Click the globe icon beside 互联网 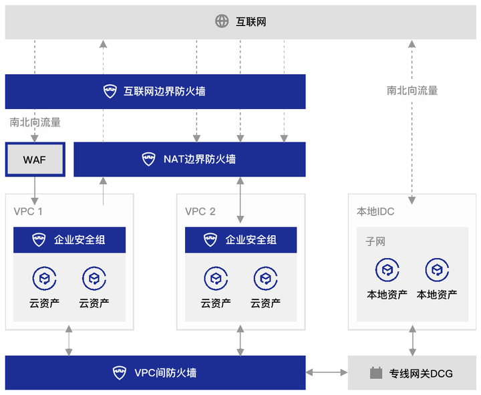[222, 21]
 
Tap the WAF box [35, 159]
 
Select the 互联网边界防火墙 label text [164, 92]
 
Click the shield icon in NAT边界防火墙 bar [148, 159]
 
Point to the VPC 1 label [28, 211]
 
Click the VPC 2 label [200, 211]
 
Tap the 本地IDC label [375, 211]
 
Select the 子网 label [375, 241]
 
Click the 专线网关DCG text [421, 374]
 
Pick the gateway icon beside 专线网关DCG [375, 373]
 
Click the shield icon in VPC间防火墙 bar [120, 372]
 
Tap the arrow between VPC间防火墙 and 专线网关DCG [327, 372]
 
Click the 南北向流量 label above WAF [35, 122]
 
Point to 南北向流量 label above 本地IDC [412, 90]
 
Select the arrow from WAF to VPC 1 [35, 190]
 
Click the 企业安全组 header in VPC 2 [240, 240]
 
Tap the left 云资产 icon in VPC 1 [45, 279]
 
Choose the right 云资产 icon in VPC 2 [266, 279]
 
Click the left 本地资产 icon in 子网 [387, 270]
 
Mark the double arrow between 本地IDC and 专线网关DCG [412, 341]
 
